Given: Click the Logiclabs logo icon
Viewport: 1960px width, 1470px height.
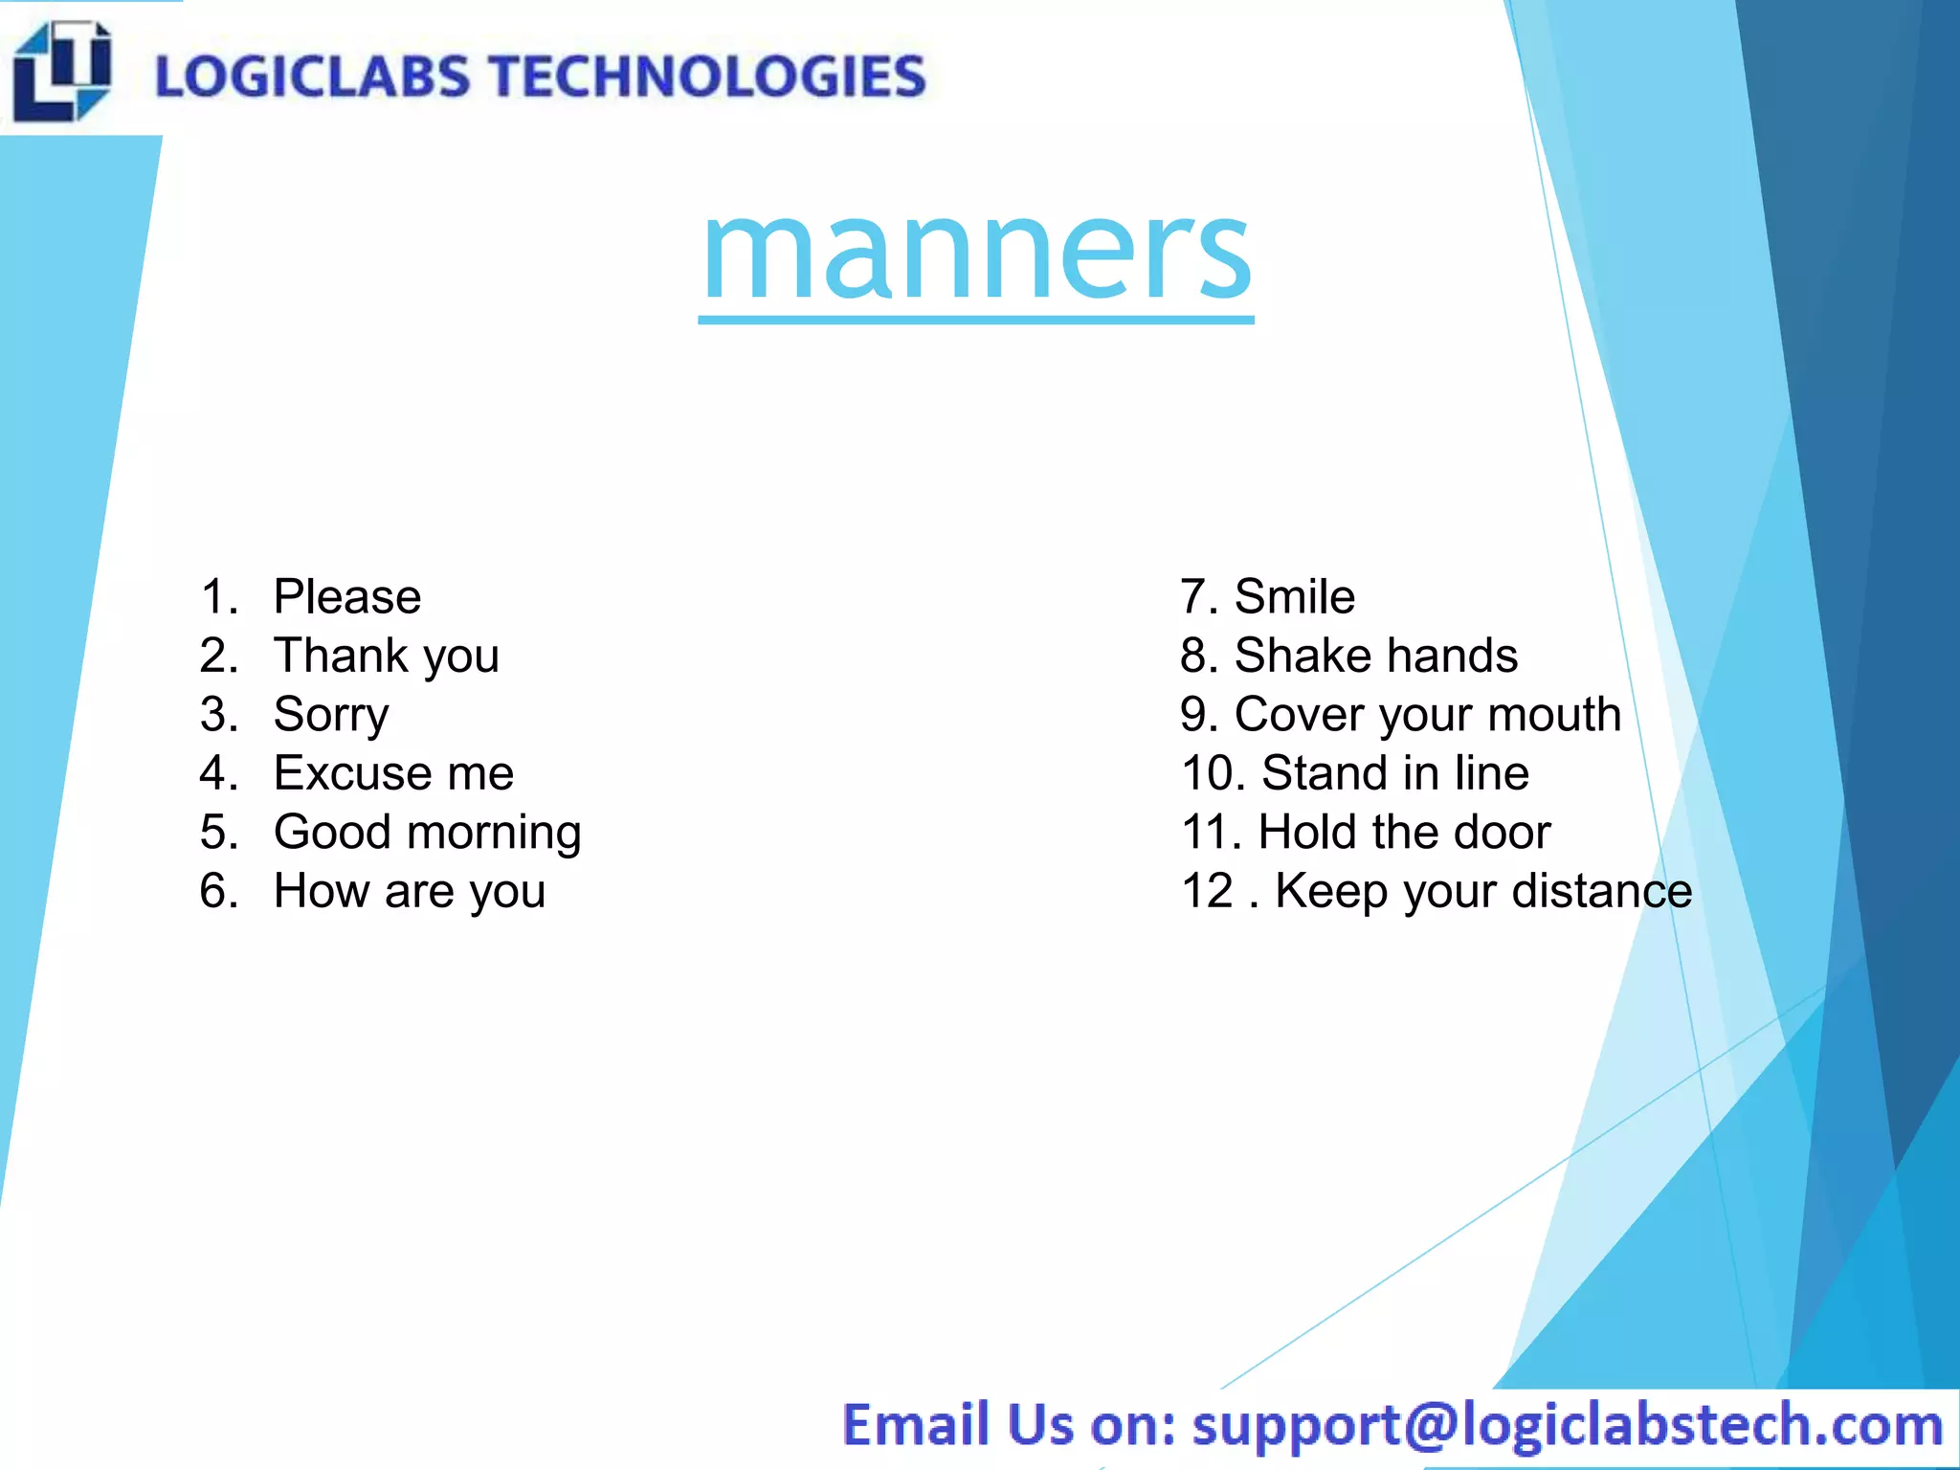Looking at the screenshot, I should (62, 72).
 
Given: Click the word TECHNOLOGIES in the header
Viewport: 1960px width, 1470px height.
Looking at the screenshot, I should (709, 77).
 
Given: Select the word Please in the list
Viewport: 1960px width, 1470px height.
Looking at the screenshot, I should (347, 597).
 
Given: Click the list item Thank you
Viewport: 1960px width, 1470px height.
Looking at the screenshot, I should (387, 657).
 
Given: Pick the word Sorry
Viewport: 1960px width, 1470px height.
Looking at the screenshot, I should (331, 715).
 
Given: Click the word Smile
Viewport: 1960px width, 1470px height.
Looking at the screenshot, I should (1295, 597).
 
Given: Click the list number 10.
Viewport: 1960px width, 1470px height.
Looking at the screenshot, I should (1212, 773).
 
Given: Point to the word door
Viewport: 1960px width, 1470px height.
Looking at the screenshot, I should (1502, 832).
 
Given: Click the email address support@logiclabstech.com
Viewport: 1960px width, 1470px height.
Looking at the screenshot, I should (1568, 1425).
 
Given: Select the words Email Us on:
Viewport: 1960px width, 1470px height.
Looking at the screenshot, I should (1009, 1425).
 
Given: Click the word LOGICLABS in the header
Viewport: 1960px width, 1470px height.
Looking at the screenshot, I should (313, 77).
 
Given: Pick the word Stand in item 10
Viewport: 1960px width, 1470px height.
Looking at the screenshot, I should (1324, 773).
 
